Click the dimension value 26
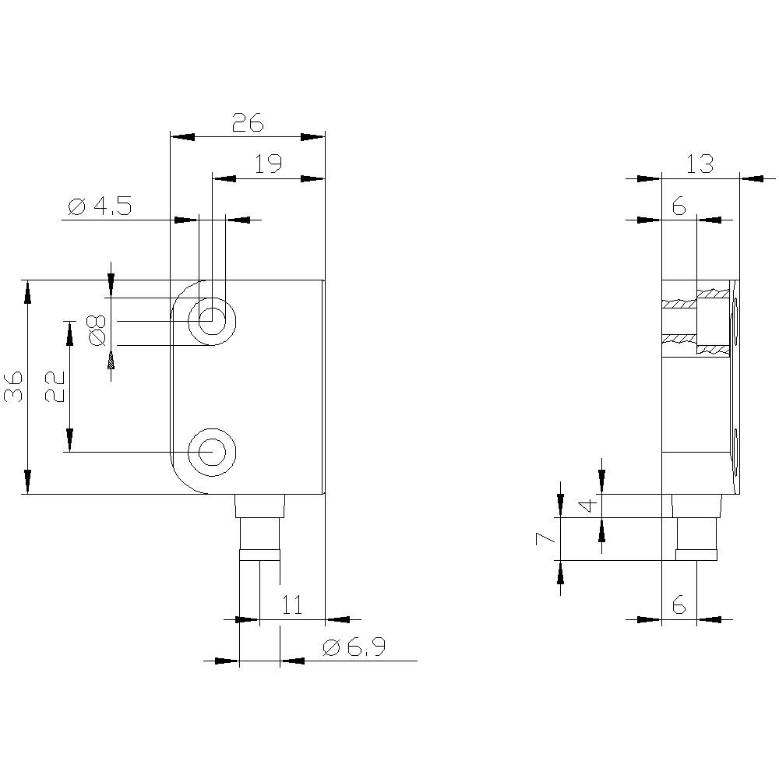click(x=248, y=122)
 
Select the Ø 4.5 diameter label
click(x=100, y=206)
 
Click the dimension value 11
click(x=291, y=605)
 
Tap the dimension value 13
click(x=700, y=164)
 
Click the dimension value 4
click(x=589, y=505)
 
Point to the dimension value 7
click(x=548, y=538)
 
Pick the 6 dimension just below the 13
click(x=678, y=206)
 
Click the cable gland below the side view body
click(x=696, y=530)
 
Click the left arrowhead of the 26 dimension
click(x=182, y=136)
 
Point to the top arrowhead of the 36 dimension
click(x=28, y=292)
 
